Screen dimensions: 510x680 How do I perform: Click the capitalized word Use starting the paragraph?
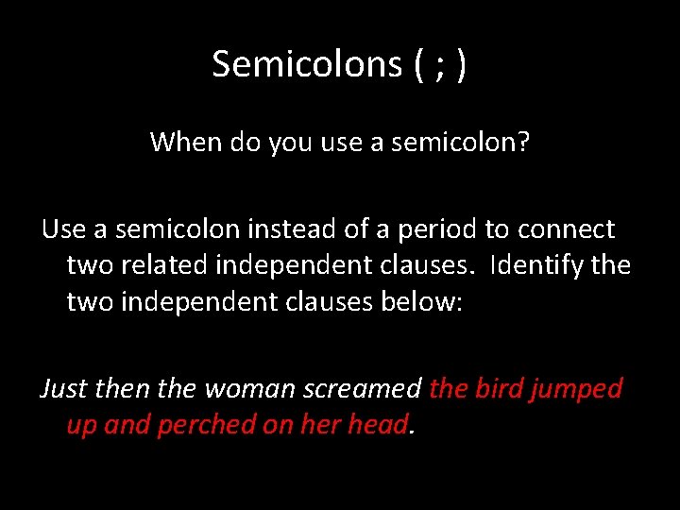(x=62, y=229)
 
